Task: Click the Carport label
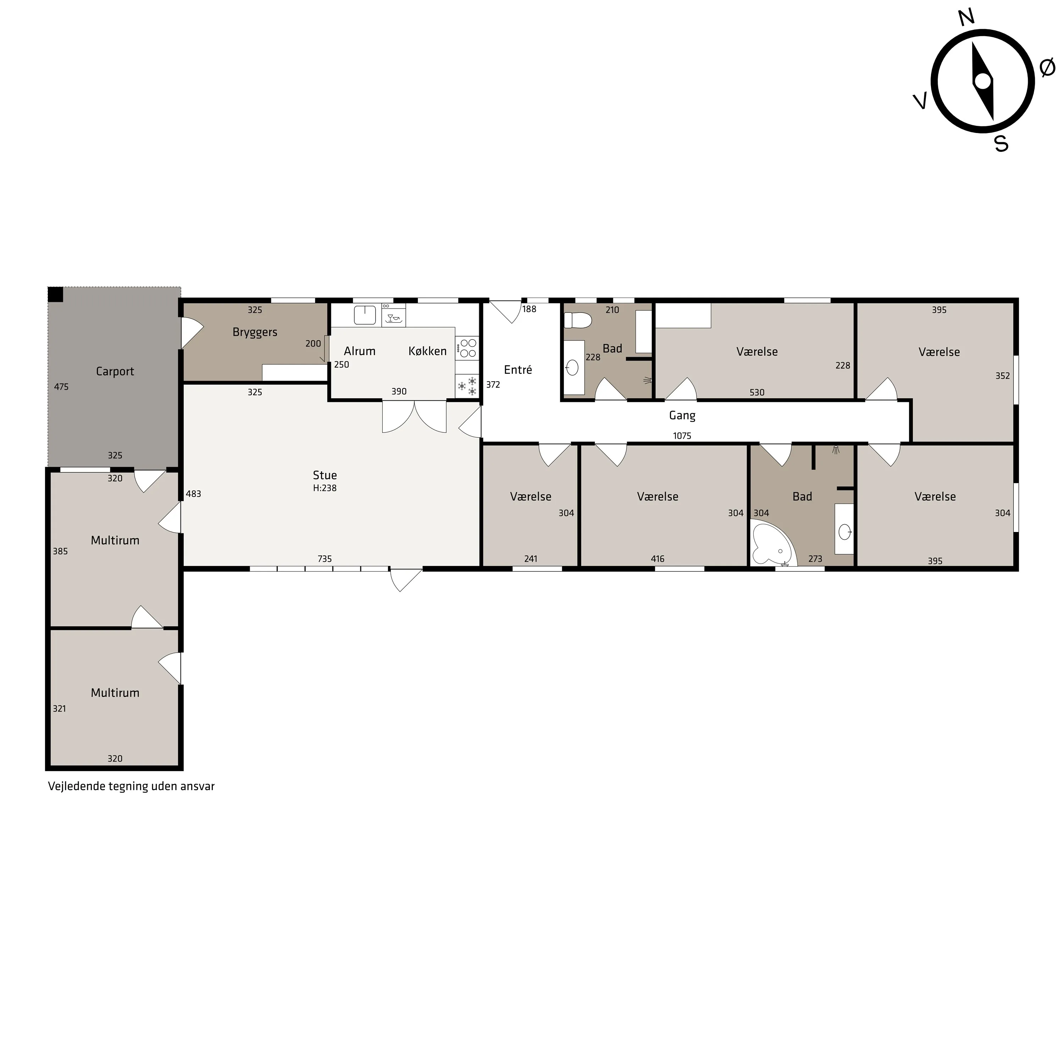coord(115,371)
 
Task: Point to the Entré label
coord(518,370)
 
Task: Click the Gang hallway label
coord(682,416)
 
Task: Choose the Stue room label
coord(325,475)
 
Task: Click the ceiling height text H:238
coord(325,488)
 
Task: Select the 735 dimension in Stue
coord(325,559)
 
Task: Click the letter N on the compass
coord(966,18)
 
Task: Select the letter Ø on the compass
coord(1047,68)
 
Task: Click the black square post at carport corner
coord(56,294)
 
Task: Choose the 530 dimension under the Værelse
coord(757,393)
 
